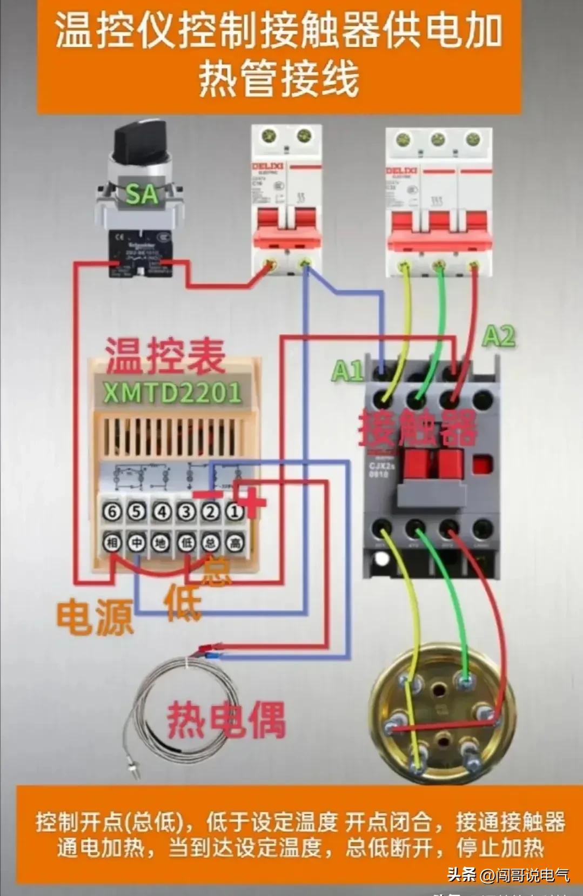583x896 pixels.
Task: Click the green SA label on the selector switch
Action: pos(142,194)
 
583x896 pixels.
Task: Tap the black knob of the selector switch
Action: pos(138,140)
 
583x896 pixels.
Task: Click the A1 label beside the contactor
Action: pos(347,371)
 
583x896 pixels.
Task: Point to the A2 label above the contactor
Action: pos(498,336)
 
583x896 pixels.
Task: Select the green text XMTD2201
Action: pos(172,393)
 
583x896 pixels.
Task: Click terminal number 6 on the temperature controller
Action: pos(112,511)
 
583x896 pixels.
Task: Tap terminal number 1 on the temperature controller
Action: pos(234,511)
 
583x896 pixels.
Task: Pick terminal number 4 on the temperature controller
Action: pos(161,511)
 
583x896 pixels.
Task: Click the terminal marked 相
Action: pos(112,542)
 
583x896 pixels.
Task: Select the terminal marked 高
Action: pos(234,542)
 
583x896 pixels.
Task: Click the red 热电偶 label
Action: pos(226,720)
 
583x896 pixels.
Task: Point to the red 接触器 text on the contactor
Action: pos(417,427)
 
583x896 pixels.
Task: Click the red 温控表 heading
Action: pos(165,356)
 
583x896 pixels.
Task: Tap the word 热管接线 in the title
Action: pos(279,79)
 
